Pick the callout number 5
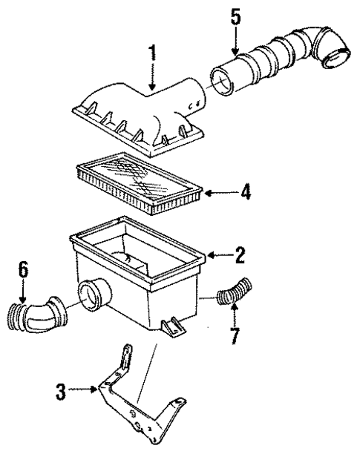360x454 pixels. (235, 16)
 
